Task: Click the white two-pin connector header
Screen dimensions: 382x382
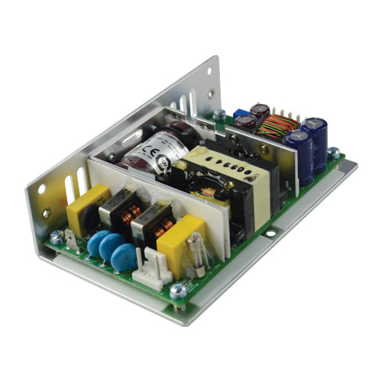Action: pos(152,269)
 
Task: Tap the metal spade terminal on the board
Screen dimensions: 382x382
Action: pos(71,244)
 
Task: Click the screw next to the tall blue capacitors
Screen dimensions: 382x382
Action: pos(334,153)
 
